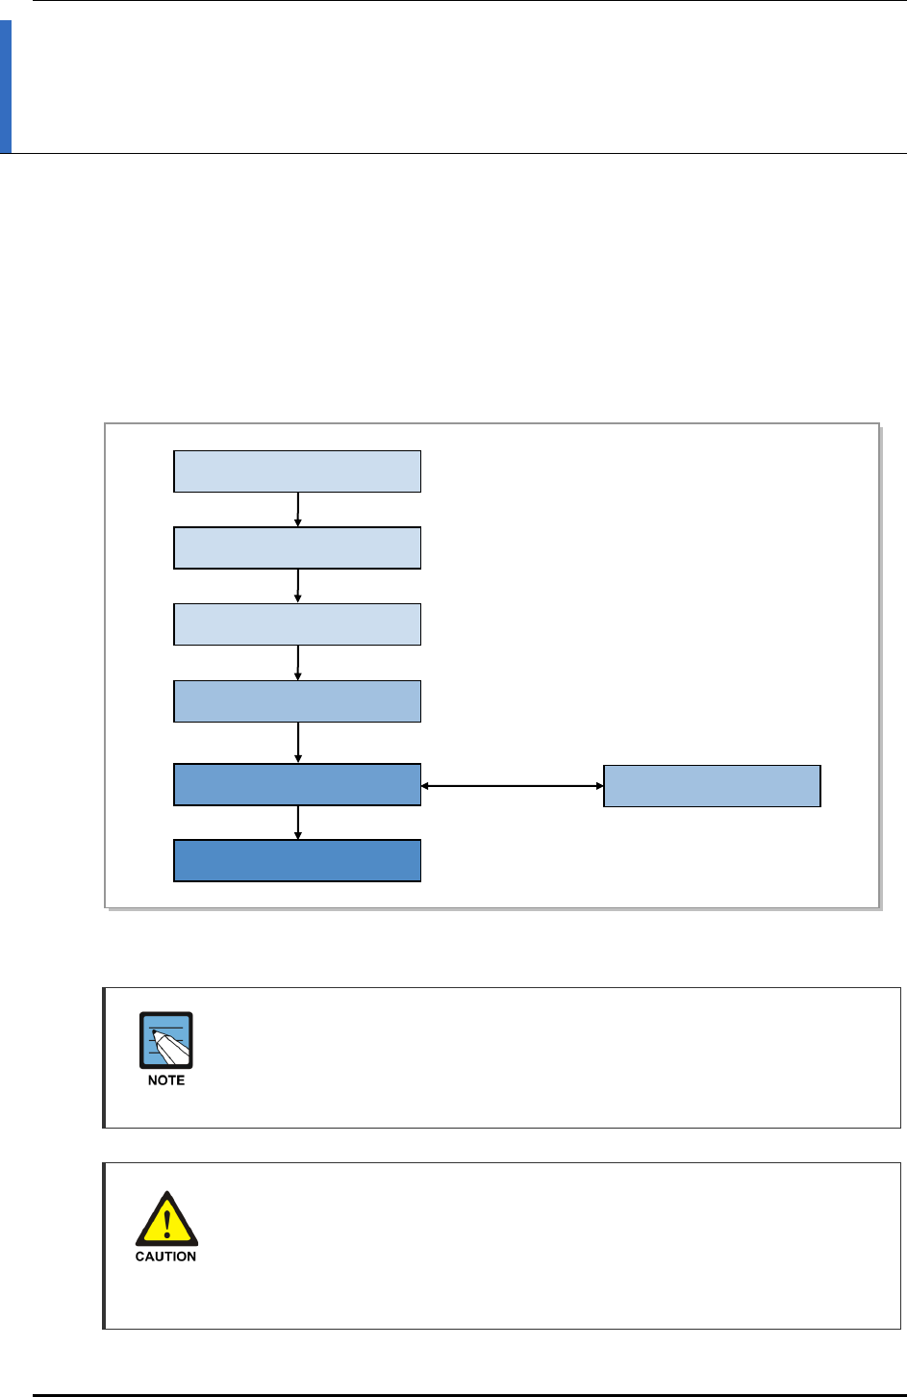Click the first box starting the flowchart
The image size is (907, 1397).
(x=297, y=471)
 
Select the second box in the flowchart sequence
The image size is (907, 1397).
(x=297, y=547)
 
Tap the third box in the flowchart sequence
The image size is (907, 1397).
(x=297, y=624)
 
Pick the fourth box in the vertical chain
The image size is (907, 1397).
(x=297, y=701)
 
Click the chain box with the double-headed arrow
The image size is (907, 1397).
(x=297, y=784)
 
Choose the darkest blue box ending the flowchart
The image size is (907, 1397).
(x=297, y=860)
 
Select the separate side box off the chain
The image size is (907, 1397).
(x=712, y=786)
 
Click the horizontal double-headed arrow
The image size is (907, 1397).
(x=512, y=786)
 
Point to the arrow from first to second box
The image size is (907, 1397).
(x=298, y=510)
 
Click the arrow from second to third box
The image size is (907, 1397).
(x=298, y=586)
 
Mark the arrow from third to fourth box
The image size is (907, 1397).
(x=298, y=663)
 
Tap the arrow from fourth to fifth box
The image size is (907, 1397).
(x=298, y=743)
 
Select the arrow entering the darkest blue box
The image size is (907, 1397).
(x=298, y=823)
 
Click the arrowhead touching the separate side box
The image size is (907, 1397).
(x=598, y=786)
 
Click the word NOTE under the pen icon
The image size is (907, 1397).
(x=166, y=1080)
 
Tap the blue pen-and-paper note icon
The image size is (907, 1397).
(x=166, y=1040)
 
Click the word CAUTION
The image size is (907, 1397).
(x=165, y=1257)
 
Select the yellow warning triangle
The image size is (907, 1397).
(x=166, y=1220)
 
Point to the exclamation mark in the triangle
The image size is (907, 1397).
(x=166, y=1224)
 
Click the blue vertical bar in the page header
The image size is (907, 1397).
(x=6, y=88)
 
